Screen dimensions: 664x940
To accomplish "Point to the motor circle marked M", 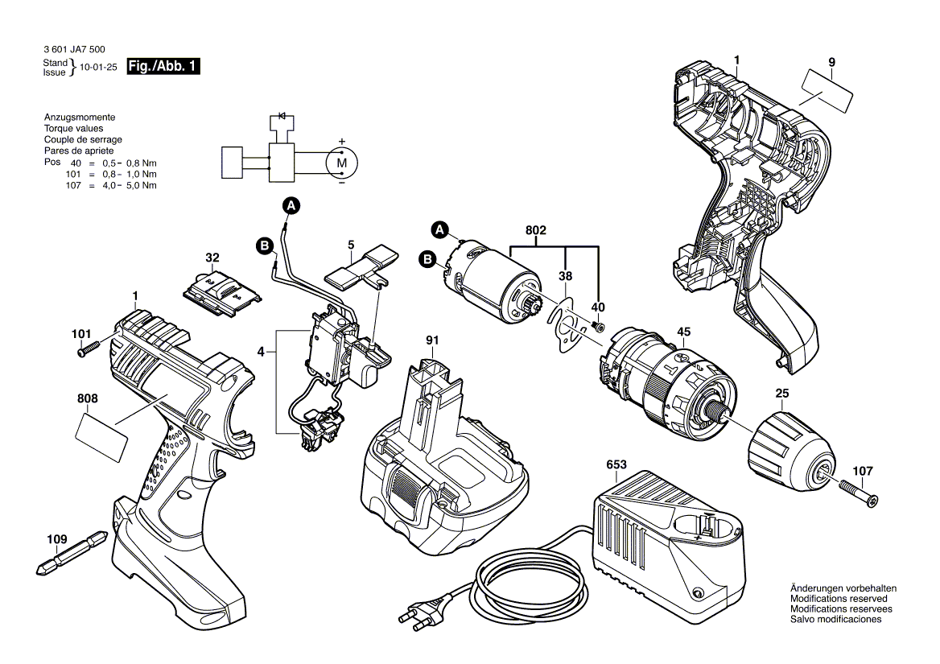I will tap(341, 163).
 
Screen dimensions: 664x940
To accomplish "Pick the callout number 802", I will tap(536, 230).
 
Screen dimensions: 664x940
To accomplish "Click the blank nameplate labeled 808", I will tap(101, 438).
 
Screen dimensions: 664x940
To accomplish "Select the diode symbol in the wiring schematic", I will tap(282, 116).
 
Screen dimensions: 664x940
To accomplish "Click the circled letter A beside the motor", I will tap(439, 229).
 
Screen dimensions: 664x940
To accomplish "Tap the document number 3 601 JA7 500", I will tap(74, 50).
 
